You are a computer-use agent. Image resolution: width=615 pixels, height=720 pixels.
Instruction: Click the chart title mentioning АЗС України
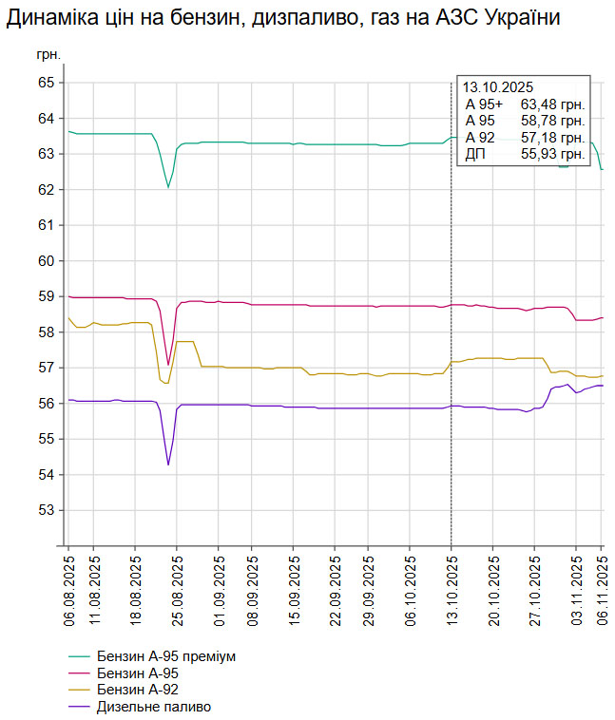[x=281, y=18]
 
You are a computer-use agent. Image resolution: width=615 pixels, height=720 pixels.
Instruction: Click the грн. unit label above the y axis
[x=48, y=54]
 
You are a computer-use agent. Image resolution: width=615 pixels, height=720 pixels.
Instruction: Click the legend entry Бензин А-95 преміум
[x=165, y=656]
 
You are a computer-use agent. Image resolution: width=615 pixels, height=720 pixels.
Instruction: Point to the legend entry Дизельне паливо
[x=153, y=708]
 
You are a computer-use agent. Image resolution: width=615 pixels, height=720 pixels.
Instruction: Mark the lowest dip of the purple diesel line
[x=168, y=464]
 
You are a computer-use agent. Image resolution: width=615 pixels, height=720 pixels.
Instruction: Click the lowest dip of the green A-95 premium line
[x=168, y=187]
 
